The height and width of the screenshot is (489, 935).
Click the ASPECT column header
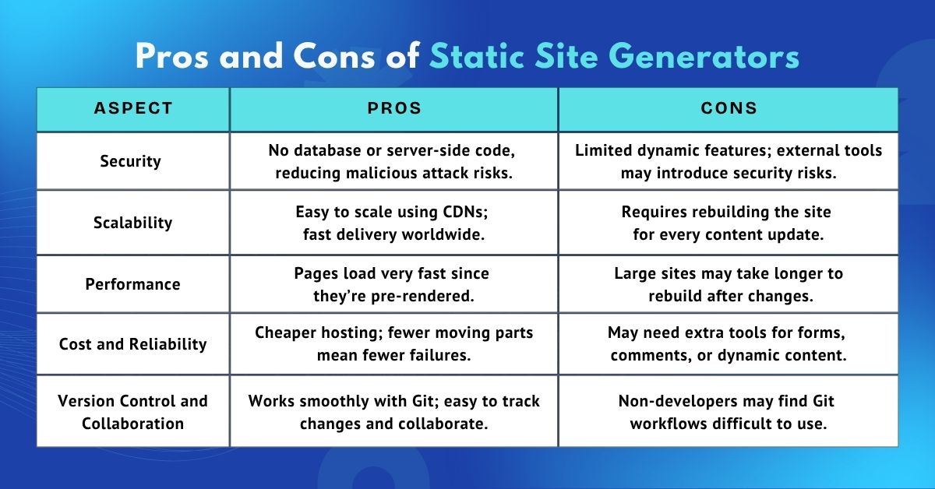coord(133,108)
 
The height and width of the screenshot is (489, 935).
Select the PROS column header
coord(394,108)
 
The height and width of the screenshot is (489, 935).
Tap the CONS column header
coord(729,108)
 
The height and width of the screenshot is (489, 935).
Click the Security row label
coord(131,161)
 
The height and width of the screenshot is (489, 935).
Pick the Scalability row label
coord(132,223)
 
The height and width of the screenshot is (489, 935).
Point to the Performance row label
coord(132,284)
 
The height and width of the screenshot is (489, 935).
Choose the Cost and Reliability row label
coord(132,344)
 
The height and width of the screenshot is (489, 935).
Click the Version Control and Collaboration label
coord(132,412)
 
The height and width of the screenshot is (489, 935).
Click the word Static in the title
coord(477,57)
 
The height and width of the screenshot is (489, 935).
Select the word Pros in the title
coord(172,57)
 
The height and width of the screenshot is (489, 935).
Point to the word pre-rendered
coord(422,296)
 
